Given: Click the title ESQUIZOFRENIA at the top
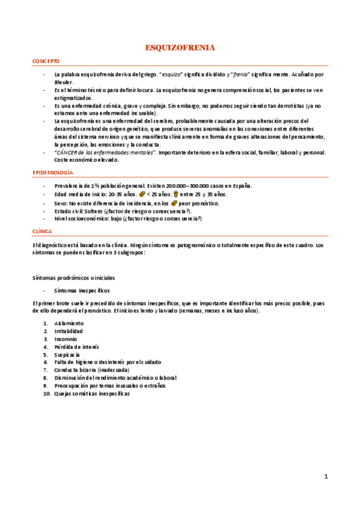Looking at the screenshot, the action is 180,48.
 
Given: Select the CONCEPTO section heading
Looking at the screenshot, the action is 46,62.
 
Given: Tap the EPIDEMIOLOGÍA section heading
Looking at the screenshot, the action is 52,173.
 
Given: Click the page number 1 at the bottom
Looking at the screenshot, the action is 326,477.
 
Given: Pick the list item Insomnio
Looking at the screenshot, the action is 66,339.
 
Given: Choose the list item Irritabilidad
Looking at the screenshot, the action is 68,331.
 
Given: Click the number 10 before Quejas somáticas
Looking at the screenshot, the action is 46,393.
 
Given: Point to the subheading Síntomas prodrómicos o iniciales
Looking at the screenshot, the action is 73,277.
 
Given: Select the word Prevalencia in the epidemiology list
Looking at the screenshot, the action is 69,186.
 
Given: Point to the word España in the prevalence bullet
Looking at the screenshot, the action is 242,186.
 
